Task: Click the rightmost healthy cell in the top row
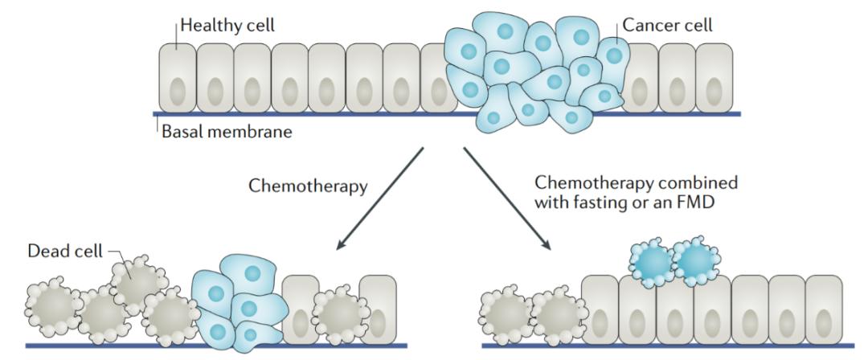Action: [714, 77]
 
